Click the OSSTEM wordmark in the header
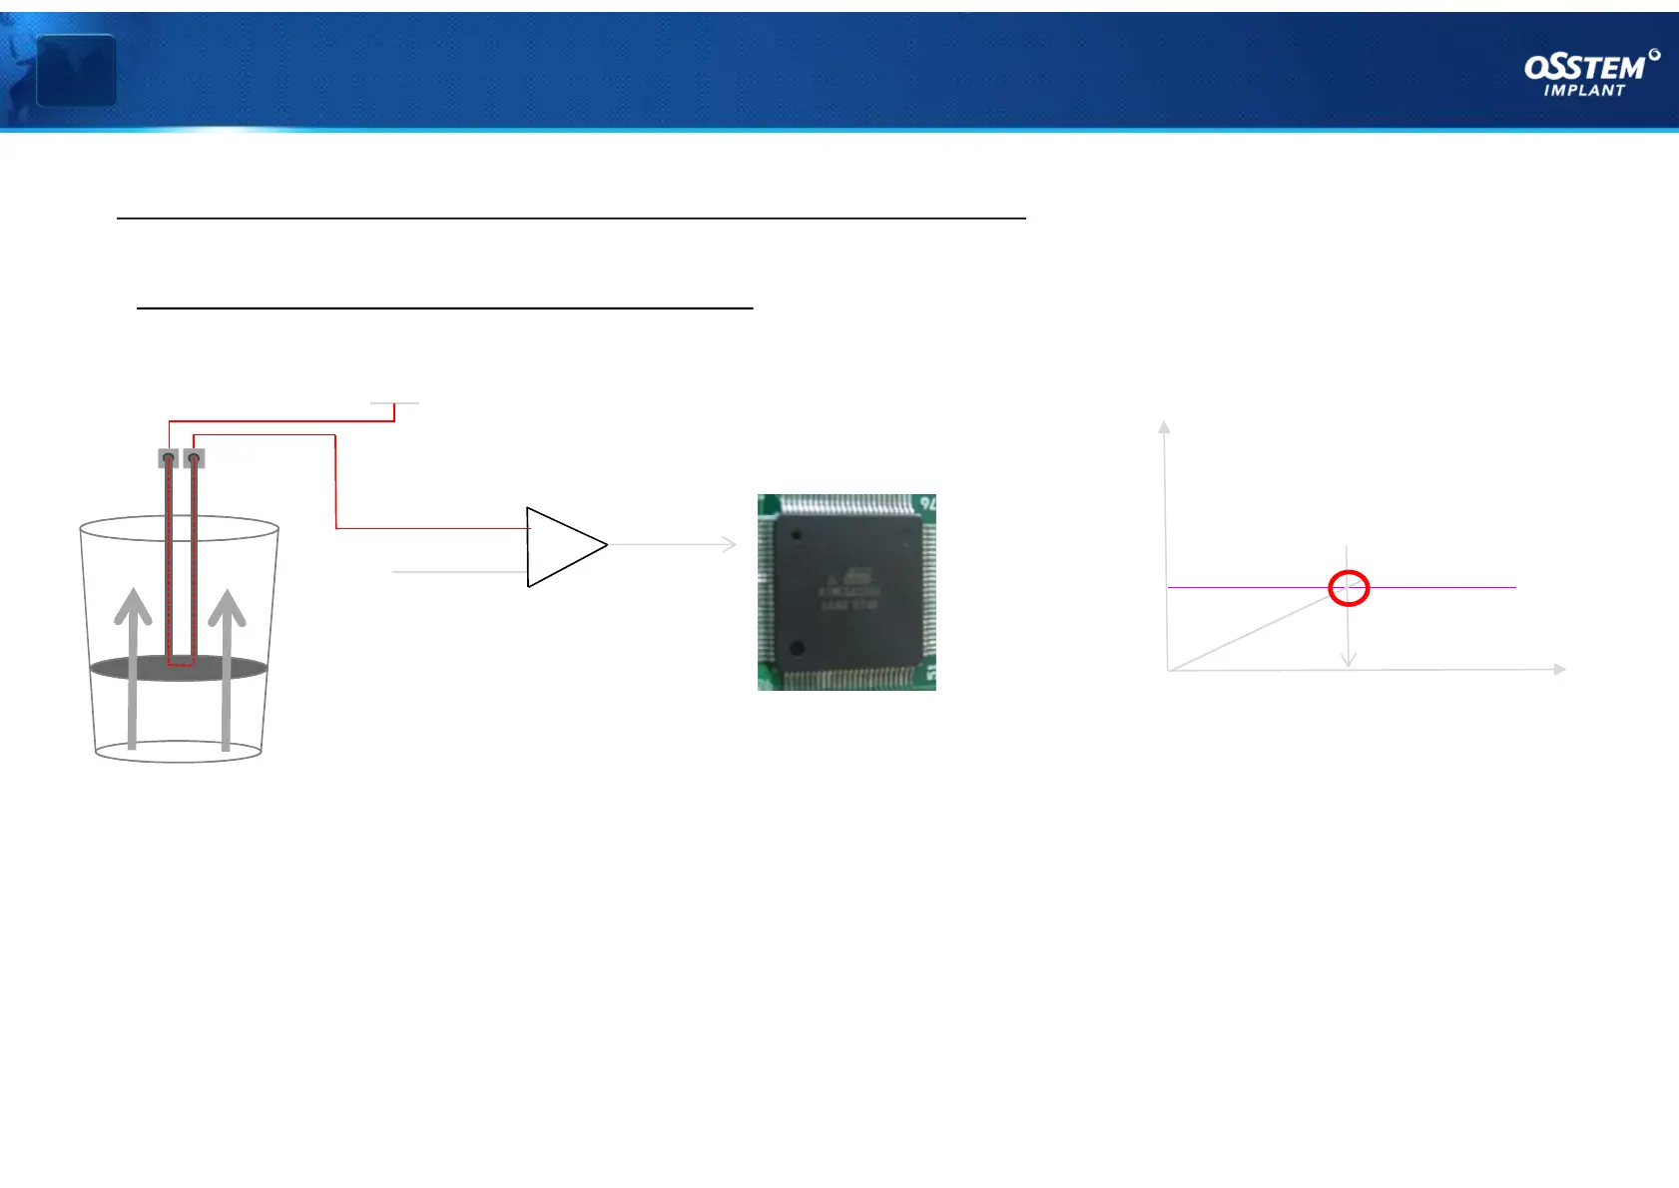click(1585, 67)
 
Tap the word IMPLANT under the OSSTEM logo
click(1584, 91)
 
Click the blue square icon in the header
click(76, 70)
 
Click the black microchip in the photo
click(847, 591)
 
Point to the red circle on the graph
click(1349, 588)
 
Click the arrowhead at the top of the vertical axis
click(1163, 426)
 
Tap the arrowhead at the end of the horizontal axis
click(1559, 669)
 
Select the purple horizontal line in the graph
click(1447, 587)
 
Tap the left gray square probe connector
click(169, 458)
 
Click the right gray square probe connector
click(194, 458)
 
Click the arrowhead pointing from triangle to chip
click(730, 544)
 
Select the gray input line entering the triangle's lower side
click(459, 572)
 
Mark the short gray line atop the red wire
click(394, 403)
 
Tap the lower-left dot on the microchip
click(797, 648)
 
